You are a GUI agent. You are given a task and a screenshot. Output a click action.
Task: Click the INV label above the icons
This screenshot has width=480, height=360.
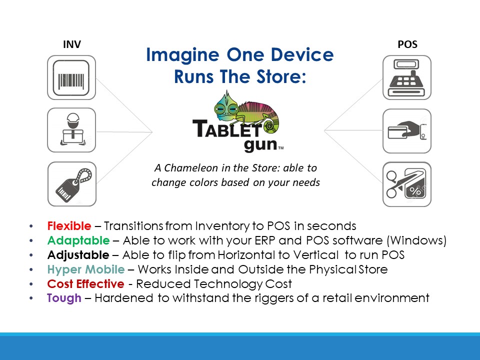click(72, 44)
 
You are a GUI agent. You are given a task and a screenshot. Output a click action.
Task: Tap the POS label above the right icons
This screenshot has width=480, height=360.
click(407, 44)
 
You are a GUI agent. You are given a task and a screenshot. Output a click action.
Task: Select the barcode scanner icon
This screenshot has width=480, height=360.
click(71, 77)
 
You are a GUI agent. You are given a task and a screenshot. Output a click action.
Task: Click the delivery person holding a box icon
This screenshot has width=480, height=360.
click(71, 130)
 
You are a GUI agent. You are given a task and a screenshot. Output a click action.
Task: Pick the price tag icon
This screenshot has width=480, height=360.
click(72, 184)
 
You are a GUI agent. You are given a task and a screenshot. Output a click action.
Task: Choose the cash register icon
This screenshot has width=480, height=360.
click(407, 77)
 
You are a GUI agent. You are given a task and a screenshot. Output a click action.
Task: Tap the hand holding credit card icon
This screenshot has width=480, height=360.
click(407, 131)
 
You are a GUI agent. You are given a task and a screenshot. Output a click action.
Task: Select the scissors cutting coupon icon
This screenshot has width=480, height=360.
click(407, 184)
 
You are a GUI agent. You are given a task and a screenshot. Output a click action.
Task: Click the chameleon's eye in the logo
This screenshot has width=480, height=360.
click(221, 108)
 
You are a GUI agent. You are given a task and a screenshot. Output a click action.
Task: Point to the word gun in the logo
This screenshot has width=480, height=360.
click(260, 144)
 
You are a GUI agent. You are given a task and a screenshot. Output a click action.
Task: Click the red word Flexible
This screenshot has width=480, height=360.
click(69, 226)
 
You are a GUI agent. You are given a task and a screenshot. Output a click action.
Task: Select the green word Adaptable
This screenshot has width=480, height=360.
click(78, 240)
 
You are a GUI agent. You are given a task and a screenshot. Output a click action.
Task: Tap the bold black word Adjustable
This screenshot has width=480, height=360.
click(78, 255)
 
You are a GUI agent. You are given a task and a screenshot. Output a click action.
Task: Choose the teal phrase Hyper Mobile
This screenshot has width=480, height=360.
click(85, 269)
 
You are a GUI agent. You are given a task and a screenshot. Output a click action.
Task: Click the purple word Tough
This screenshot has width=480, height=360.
click(64, 298)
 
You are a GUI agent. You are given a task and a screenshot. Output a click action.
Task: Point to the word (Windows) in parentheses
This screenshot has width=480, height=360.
click(416, 240)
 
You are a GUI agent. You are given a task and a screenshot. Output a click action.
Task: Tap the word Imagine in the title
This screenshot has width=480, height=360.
click(183, 55)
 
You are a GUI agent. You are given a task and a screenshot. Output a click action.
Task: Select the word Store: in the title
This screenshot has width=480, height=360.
click(281, 76)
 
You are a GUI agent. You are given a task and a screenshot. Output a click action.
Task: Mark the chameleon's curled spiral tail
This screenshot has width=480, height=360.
click(269, 126)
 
